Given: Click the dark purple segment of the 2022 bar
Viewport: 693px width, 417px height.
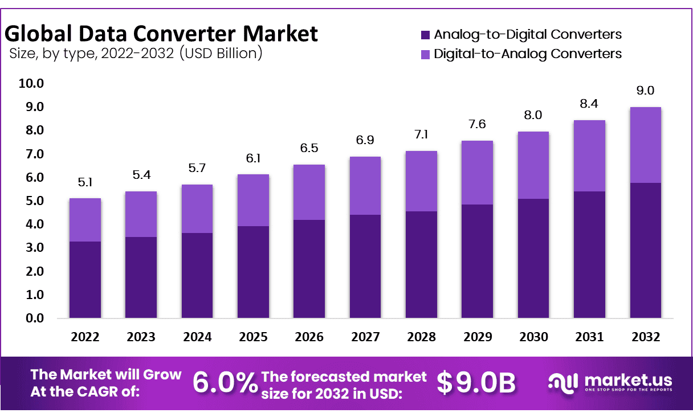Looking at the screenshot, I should click(x=85, y=279).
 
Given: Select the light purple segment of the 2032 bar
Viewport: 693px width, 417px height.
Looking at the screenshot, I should click(x=645, y=145).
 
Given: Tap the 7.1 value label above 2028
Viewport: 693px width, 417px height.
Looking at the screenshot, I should click(x=421, y=134).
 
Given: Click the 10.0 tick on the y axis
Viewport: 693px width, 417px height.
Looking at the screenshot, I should click(x=31, y=84).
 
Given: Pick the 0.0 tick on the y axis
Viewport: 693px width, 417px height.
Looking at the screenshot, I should click(x=34, y=318).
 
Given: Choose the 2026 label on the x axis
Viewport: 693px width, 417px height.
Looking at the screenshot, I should click(x=309, y=337).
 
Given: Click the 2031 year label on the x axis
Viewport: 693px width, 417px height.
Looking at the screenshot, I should click(x=589, y=337).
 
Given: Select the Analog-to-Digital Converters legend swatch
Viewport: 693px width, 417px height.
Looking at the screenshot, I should click(x=425, y=35).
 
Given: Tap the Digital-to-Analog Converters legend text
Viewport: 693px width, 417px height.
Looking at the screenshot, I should click(x=528, y=54).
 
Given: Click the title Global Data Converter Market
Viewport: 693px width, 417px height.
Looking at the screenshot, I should click(x=161, y=34).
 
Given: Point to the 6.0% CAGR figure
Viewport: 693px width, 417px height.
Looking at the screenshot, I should click(x=225, y=383).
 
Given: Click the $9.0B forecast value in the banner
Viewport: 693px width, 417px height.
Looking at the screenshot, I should click(x=476, y=383).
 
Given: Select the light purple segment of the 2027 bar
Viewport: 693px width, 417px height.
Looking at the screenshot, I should click(x=365, y=186).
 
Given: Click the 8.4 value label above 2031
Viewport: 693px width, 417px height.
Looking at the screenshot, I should click(x=589, y=104).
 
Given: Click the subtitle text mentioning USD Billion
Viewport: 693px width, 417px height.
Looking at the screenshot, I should click(x=136, y=54).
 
